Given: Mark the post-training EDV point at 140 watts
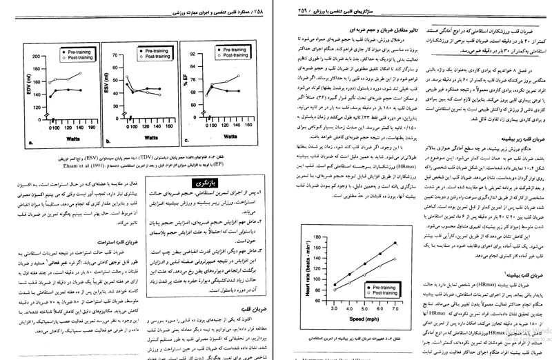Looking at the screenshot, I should click(x=81, y=73).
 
